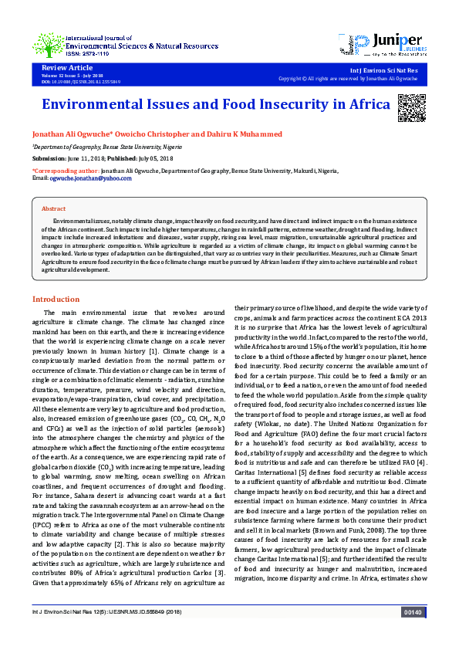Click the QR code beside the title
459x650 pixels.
pos(411,106)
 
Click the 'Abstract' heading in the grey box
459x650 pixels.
pos(53,209)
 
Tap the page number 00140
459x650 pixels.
pos(413,634)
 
